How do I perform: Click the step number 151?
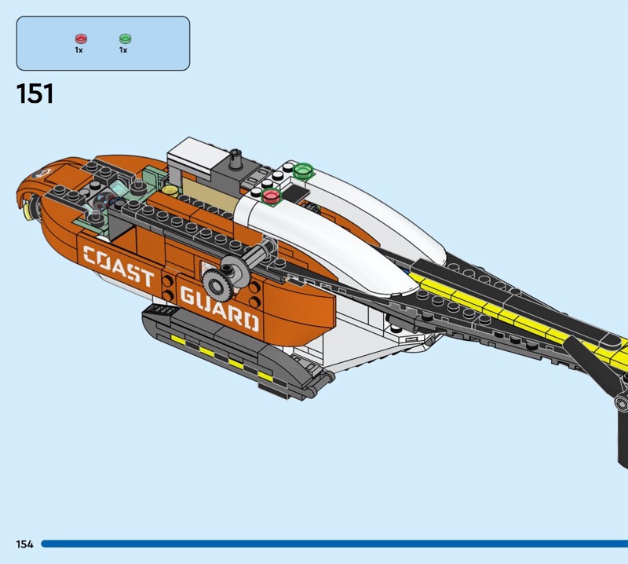coord(35,94)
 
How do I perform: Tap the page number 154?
coord(24,544)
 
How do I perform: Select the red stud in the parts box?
coord(79,38)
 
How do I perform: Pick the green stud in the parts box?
coord(124,38)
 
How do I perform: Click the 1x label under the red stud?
coord(79,49)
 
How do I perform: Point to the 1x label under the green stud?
coord(123,49)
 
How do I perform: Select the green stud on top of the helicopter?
coord(304,170)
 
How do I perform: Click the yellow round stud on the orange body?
coord(170,189)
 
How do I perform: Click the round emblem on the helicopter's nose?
coord(42,171)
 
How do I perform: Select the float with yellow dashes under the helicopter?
coord(228,350)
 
